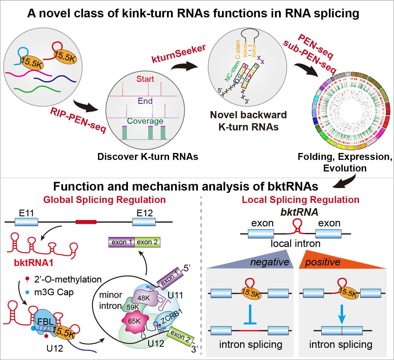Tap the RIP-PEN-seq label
click(78, 120)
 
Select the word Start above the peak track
click(145, 79)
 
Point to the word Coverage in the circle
click(145, 121)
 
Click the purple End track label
click(145, 101)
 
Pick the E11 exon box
click(26, 222)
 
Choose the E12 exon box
click(144, 222)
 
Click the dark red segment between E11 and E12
click(86, 222)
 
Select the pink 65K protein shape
click(134, 320)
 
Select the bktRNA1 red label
click(34, 263)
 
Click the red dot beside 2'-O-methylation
click(28, 279)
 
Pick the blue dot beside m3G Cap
click(28, 292)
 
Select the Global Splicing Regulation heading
click(105, 200)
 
